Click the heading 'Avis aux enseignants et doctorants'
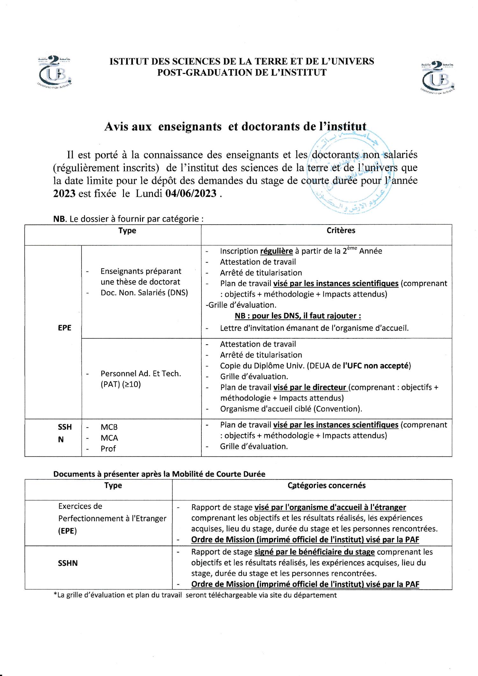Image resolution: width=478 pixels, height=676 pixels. [235, 126]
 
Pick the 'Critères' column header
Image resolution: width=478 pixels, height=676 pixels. [341, 230]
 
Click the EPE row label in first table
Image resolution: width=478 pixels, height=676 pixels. [64, 328]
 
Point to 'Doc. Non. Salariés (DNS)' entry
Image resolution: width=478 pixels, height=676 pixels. [144, 292]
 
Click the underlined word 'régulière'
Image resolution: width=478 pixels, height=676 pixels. [276, 251]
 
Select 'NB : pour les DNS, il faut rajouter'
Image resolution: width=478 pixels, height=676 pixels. [298, 316]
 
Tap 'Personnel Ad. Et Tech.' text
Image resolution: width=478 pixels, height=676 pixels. [141, 374]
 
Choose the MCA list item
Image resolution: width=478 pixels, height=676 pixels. [109, 438]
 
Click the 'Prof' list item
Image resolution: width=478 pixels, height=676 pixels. [108, 449]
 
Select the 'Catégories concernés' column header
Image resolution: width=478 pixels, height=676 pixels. [327, 485]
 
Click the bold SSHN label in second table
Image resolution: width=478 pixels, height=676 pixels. [68, 563]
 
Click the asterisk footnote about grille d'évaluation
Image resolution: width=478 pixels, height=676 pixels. [195, 595]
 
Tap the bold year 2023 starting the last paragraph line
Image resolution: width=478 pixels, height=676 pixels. [64, 193]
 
